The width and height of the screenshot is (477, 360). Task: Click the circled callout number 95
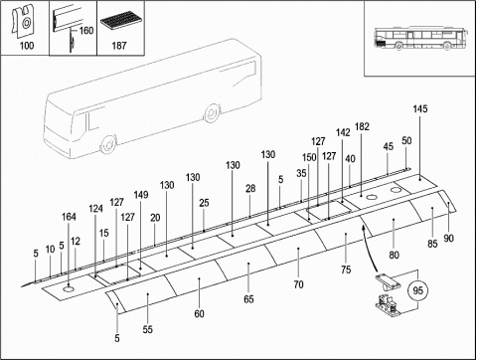coord(418,290)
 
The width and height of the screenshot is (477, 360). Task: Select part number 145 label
coord(420,109)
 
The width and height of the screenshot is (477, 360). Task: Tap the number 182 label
coord(362,126)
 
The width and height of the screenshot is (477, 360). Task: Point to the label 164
coord(69,217)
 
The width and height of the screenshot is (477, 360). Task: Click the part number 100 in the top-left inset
coord(27,46)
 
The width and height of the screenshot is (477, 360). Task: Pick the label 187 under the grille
coord(119,46)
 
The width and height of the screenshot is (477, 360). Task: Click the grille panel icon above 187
coord(120,22)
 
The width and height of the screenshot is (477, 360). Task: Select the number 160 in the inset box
coord(86,31)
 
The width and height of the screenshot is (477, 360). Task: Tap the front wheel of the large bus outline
coord(108,144)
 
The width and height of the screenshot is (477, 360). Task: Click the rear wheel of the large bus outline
coord(211,113)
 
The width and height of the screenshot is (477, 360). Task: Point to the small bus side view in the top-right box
coord(421,39)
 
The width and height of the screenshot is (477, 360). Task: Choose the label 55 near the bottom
coord(148,329)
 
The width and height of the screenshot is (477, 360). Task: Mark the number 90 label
coord(448,239)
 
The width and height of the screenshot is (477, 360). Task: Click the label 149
coord(141,195)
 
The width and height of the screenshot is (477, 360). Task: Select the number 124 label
coord(95,209)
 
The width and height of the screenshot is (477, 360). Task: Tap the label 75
coord(346,270)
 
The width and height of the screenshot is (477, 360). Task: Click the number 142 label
coord(343,132)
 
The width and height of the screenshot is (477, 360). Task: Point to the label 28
coord(250,189)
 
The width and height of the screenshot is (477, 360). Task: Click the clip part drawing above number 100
coord(23,21)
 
